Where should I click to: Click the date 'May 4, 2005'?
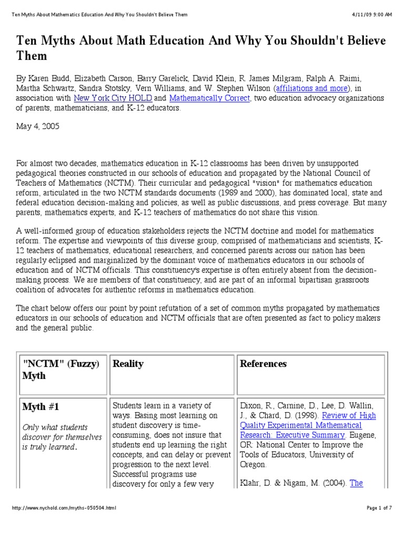[37, 127]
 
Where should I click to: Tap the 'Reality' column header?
[128, 364]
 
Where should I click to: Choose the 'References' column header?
[263, 364]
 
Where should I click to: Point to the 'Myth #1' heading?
[41, 407]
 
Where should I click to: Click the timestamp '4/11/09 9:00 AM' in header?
[372, 14]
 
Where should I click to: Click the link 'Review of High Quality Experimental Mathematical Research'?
[308, 425]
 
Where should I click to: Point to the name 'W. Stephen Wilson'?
[232, 88]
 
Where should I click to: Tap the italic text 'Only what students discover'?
[55, 432]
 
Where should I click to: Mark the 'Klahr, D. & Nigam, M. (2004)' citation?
[294, 483]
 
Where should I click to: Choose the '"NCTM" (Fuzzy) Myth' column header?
[60, 370]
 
